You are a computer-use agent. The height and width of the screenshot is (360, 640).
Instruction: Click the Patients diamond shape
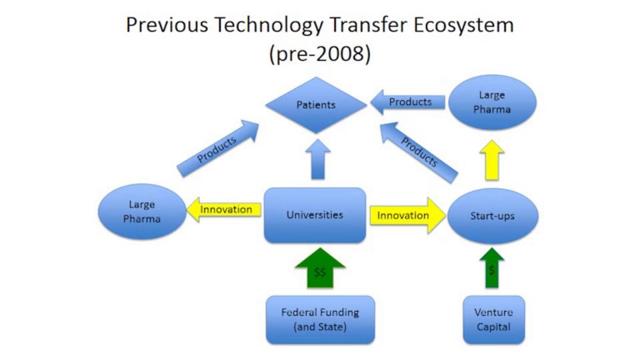[x=316, y=105]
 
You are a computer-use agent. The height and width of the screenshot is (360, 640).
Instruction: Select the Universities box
[x=315, y=215]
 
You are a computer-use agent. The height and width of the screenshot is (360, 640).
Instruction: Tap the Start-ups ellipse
[x=491, y=216]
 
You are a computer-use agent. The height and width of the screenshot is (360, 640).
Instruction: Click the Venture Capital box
[x=493, y=319]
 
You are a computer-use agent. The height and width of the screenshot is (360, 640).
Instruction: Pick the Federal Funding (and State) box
[x=320, y=319]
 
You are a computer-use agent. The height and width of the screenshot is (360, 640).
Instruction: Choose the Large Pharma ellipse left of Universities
[x=141, y=211]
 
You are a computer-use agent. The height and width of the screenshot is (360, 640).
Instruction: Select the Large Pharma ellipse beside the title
[x=492, y=101]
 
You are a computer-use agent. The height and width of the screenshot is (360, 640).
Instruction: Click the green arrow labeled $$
[x=320, y=269]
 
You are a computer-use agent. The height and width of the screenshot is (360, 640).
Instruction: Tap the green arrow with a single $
[x=491, y=269]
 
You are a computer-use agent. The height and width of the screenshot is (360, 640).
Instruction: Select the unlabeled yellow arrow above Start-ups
[x=491, y=160]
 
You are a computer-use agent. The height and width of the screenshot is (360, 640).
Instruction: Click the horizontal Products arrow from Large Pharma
[x=407, y=103]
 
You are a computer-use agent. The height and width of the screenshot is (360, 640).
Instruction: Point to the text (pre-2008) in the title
[x=319, y=53]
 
